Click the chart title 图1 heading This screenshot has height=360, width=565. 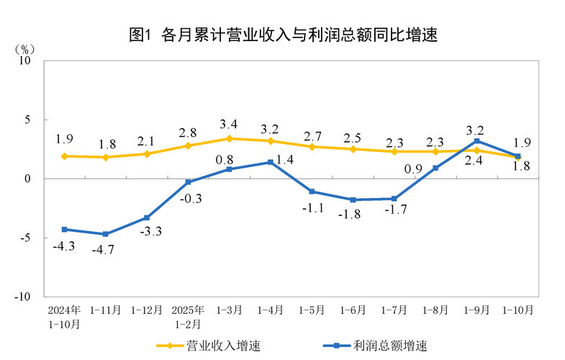click(x=283, y=35)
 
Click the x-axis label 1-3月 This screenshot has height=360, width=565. click(x=230, y=310)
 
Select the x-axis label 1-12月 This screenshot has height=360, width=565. click(x=147, y=310)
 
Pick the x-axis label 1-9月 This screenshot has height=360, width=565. click(x=477, y=310)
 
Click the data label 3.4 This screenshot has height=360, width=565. click(x=229, y=124)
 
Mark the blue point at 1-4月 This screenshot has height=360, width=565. click(x=271, y=162)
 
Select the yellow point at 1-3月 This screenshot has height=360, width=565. click(x=230, y=138)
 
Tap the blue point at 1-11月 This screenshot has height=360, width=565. click(x=106, y=234)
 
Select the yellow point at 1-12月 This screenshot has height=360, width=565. click(x=147, y=154)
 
